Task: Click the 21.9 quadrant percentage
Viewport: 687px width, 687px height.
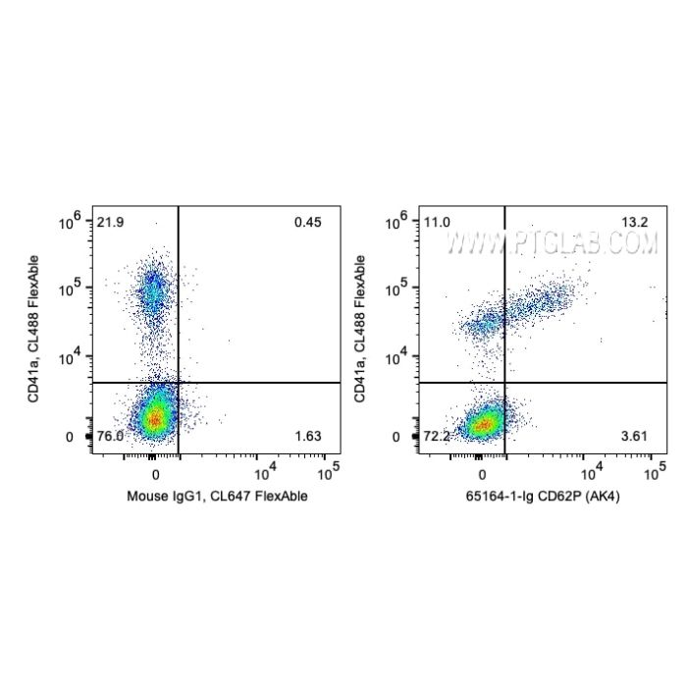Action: click(110, 222)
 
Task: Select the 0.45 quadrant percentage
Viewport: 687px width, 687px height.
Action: click(307, 222)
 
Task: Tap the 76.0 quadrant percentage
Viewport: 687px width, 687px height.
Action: click(110, 436)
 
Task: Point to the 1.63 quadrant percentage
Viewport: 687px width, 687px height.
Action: click(307, 436)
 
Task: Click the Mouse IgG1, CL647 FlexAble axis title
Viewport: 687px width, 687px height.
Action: click(217, 497)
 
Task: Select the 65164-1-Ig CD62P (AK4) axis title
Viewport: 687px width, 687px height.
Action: click(543, 497)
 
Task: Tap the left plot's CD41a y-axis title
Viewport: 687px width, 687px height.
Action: click(34, 328)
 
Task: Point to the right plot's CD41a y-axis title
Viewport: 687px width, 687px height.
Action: click(360, 328)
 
